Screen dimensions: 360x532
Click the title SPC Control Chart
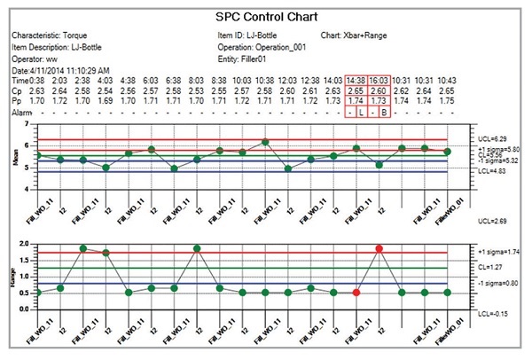pos(264,17)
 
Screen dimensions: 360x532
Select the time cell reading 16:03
pos(379,79)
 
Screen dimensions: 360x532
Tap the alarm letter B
pos(384,113)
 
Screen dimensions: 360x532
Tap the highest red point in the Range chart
pos(379,249)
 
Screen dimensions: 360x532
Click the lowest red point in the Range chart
pos(356,292)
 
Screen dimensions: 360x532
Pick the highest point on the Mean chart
pos(265,142)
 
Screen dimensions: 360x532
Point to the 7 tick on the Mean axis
pos(26,125)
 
